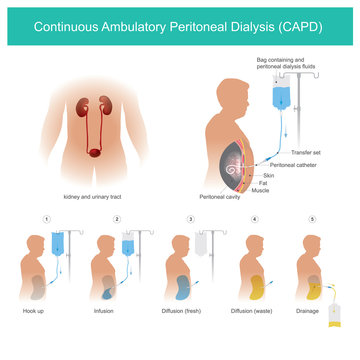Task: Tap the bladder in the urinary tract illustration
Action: point(93,152)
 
